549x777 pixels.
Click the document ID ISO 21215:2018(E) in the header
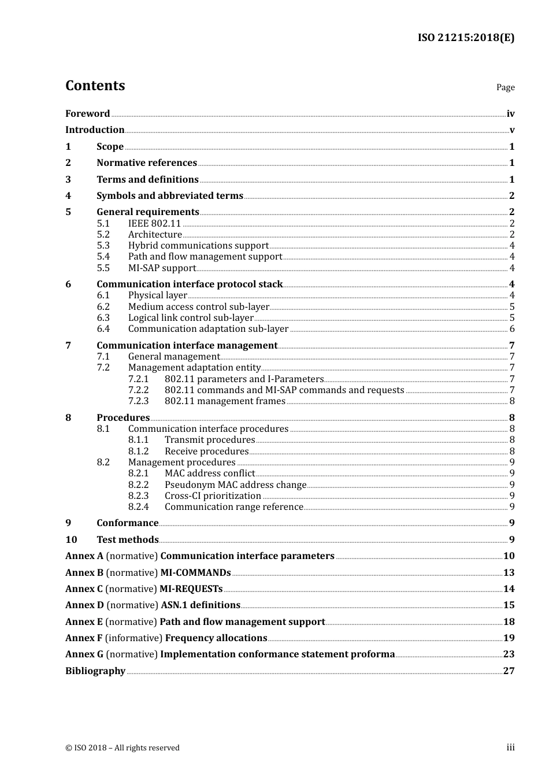[x=466, y=38]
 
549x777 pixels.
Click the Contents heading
[x=95, y=86]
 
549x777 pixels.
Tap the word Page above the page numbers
[x=505, y=87]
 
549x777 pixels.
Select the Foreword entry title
[x=87, y=114]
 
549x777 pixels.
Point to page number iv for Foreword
[x=510, y=114]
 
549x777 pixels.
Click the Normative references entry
[x=147, y=163]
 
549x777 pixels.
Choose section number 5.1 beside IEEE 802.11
[x=103, y=223]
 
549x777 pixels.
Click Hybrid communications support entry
[x=198, y=246]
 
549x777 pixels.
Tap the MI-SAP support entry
[x=162, y=268]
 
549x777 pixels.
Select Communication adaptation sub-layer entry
[x=208, y=329]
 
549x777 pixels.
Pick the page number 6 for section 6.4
[x=512, y=329]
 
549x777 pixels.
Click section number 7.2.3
[x=138, y=401]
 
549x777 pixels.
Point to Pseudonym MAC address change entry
[x=235, y=485]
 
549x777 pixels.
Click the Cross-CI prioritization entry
[x=213, y=496]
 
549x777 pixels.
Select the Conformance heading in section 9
[x=127, y=523]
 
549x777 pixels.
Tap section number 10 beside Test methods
[x=71, y=540]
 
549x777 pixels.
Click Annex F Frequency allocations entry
[x=166, y=638]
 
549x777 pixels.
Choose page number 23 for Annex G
[x=509, y=654]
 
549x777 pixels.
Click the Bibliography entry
[x=95, y=671]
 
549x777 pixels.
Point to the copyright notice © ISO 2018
[x=122, y=748]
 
